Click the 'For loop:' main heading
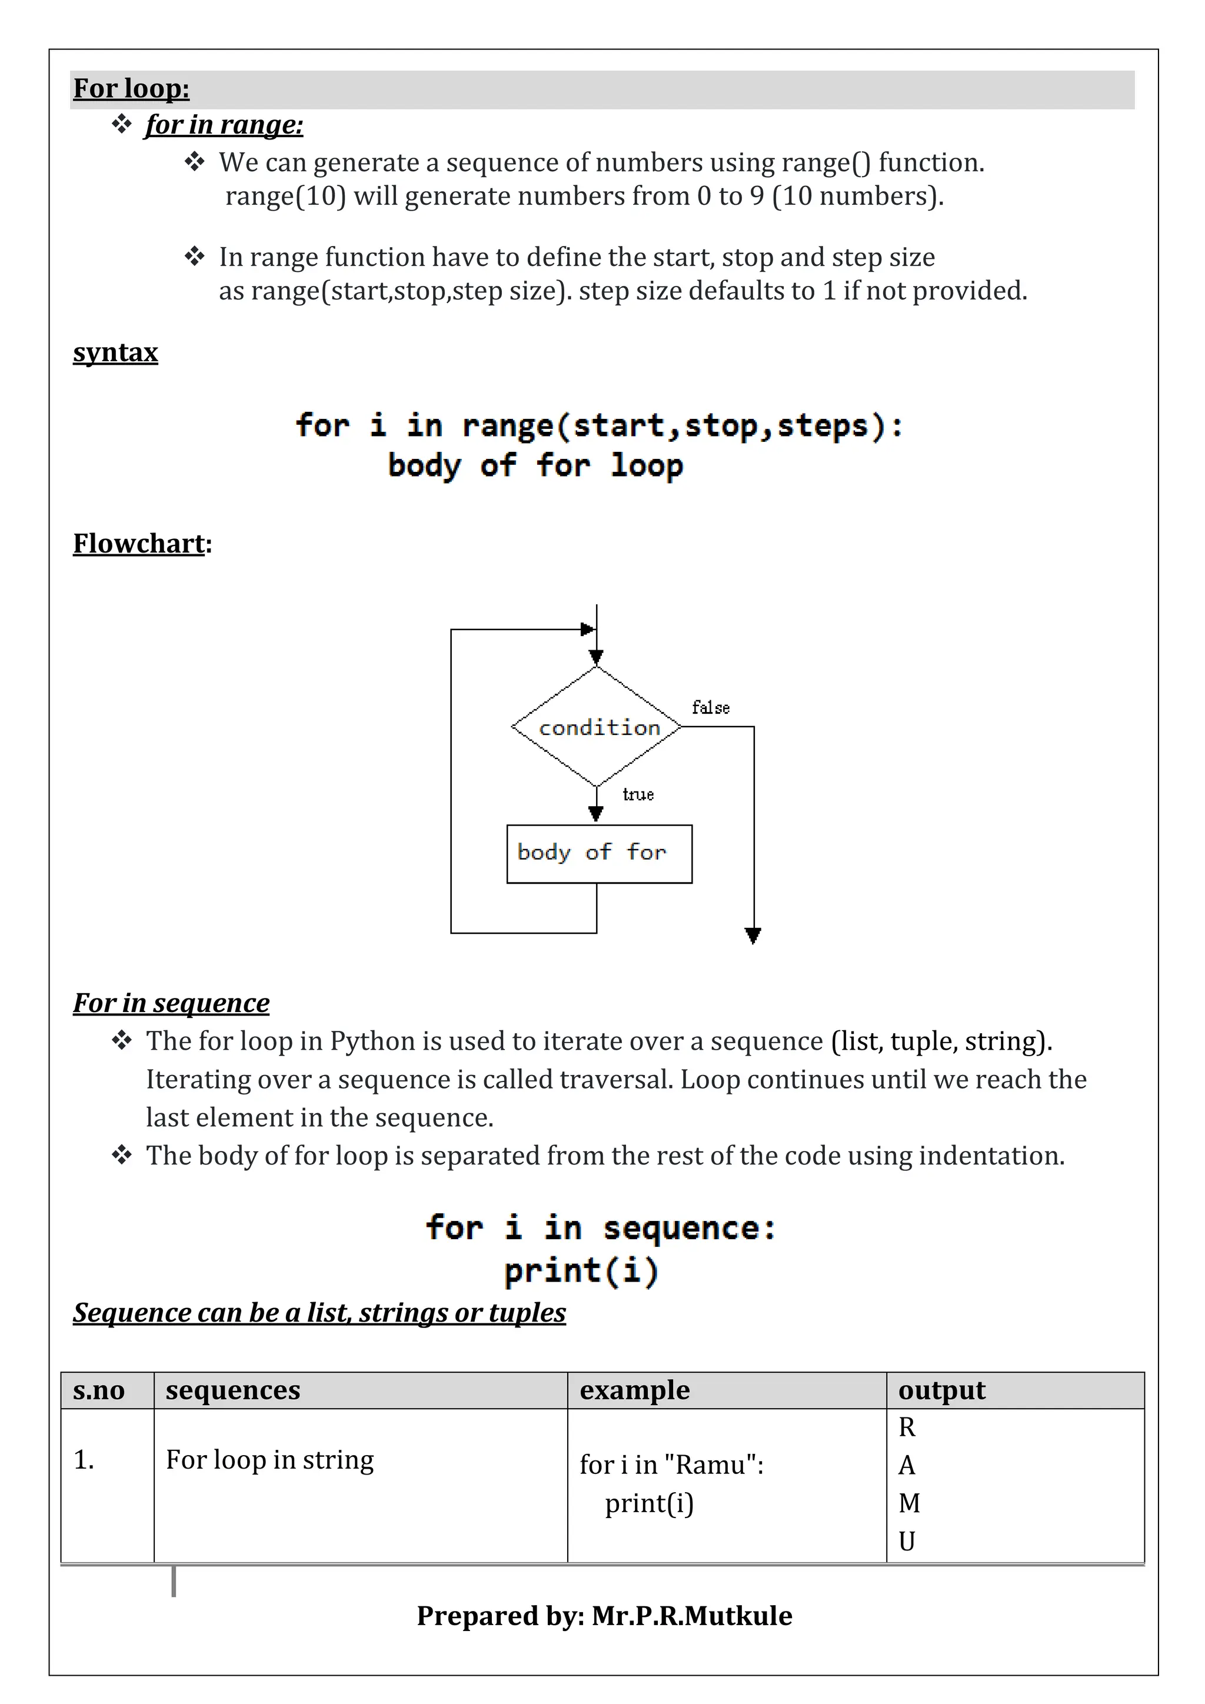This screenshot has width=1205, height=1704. click(131, 88)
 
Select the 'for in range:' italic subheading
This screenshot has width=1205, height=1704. click(224, 125)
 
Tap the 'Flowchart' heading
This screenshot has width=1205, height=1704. click(139, 544)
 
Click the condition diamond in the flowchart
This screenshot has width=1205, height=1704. click(597, 727)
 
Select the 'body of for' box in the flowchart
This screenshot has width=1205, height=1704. click(599, 854)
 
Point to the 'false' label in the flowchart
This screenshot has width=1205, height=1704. click(710, 708)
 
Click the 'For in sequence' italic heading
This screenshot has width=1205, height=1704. click(171, 1003)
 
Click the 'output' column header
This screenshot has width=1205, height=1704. click(941, 1390)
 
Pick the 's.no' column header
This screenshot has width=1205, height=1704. click(99, 1390)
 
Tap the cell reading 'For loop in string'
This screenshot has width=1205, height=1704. click(269, 1460)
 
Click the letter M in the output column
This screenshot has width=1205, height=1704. click(909, 1503)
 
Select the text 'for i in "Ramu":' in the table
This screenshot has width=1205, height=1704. click(671, 1465)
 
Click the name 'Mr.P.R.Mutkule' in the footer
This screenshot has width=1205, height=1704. click(691, 1616)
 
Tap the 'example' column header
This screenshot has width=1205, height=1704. click(634, 1390)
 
